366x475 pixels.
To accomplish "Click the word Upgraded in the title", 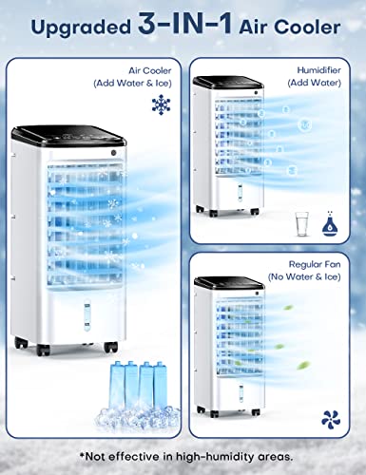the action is point(81,28).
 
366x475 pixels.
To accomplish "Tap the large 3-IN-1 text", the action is point(185,23).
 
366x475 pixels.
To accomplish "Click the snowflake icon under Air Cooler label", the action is point(162,104).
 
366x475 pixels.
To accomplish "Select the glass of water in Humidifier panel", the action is point(301,224).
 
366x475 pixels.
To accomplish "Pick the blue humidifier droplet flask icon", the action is point(330,223).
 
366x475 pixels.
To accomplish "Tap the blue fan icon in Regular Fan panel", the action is point(331,418).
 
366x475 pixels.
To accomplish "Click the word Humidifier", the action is point(318,70).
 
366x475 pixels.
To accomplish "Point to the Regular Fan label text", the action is point(315,264).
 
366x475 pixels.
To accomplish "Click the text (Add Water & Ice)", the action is point(132,84).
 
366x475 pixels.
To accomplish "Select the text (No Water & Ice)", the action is point(304,277).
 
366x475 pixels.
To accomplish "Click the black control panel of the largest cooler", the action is point(68,136).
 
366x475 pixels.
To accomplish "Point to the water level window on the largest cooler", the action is point(87,315).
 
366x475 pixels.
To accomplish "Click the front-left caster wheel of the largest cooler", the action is point(43,350).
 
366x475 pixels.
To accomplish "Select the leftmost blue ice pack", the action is point(116,385).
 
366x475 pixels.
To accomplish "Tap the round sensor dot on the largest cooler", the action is point(114,153).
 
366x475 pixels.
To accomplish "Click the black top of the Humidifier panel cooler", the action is point(228,82).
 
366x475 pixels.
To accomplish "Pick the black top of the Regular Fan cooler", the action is point(229,282).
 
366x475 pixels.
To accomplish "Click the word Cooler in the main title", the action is point(307,28).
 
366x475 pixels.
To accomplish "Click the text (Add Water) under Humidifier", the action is point(314,83).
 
